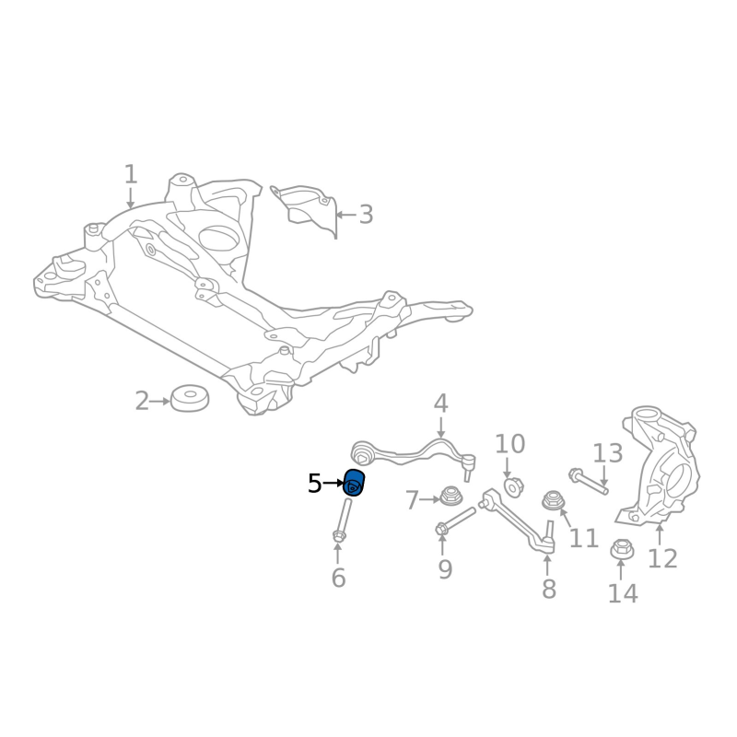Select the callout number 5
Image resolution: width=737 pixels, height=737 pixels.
[315, 483]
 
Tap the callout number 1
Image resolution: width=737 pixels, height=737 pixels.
[130, 173]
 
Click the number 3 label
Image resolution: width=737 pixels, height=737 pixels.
[366, 215]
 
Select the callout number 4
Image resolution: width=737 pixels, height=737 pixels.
[440, 403]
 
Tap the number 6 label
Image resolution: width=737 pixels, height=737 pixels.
[338, 579]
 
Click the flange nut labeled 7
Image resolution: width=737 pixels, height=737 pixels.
[450, 497]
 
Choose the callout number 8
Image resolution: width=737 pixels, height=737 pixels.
[549, 589]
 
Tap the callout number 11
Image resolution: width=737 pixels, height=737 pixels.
[583, 537]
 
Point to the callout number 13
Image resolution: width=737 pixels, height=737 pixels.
[607, 452]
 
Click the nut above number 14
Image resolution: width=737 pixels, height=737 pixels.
[622, 549]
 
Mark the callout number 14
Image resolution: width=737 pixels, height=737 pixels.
[623, 593]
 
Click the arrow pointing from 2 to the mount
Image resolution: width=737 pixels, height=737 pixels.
[159, 402]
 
